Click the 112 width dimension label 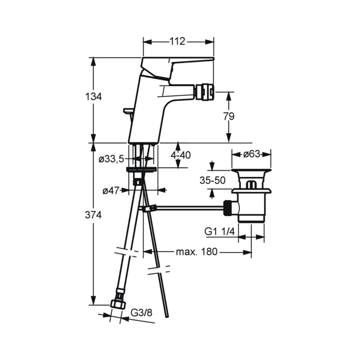coord(177,41)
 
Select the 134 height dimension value coord(93,97)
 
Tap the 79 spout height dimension coord(229,117)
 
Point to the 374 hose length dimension coord(93,215)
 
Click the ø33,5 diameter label coord(111,159)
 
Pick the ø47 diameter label coord(111,190)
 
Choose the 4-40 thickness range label coord(181,155)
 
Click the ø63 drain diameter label coord(252,154)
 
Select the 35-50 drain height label coord(212,180)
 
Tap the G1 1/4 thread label coord(220,231)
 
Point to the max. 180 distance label coord(197,252)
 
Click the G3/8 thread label coord(141,313)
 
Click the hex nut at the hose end coord(118,304)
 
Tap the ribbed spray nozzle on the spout coord(204,93)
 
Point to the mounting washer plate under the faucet coord(141,170)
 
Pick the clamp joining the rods coord(148,208)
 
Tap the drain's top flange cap coord(251,171)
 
